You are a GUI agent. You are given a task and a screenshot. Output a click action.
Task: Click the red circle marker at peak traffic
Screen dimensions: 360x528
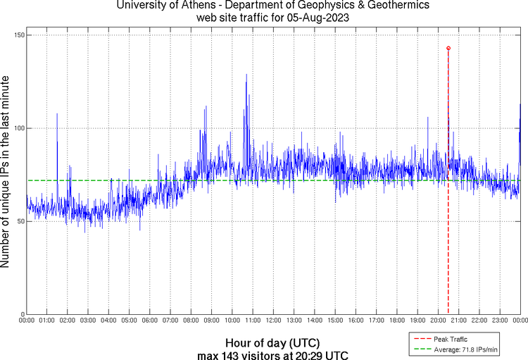click(x=448, y=48)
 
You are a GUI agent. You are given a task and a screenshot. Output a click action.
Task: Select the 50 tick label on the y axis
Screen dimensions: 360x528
click(x=20, y=221)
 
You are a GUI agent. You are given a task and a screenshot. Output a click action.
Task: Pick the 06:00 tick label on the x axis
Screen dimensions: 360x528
click(x=150, y=321)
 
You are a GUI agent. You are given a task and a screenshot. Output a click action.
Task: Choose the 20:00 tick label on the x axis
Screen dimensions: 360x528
click(x=438, y=321)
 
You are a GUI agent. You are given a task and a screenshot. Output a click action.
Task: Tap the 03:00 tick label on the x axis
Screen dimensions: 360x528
click(x=89, y=321)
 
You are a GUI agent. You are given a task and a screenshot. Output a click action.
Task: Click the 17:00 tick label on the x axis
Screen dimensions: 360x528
click(x=376, y=321)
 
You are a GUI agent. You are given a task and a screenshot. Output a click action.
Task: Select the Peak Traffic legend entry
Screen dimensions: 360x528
click(x=451, y=340)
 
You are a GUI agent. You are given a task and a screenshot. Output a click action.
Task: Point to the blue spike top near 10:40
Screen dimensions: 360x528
click(x=246, y=74)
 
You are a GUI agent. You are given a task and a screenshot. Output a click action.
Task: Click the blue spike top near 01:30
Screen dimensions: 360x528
click(x=57, y=113)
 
